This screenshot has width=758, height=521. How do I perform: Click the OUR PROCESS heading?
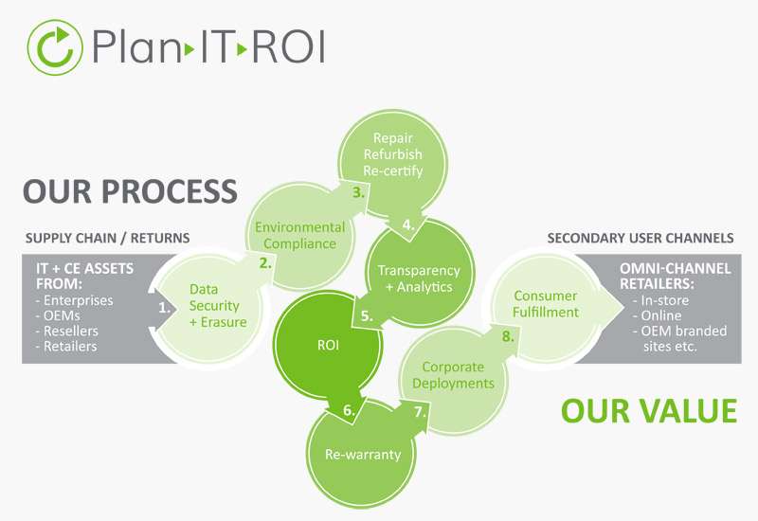coord(130,189)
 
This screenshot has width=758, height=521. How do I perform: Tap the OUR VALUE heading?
coord(648,410)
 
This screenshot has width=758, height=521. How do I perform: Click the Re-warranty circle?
coord(363,454)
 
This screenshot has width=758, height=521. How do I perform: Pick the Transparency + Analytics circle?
coord(418,278)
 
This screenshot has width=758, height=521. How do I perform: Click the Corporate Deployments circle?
coord(459,375)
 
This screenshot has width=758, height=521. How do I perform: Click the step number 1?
coord(164,307)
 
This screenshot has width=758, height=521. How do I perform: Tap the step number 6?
coord(349,410)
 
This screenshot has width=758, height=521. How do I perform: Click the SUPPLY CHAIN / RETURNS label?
coord(107,238)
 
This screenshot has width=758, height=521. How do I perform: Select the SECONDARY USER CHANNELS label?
coord(640,238)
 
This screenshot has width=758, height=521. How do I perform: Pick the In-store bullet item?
coord(665,300)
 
